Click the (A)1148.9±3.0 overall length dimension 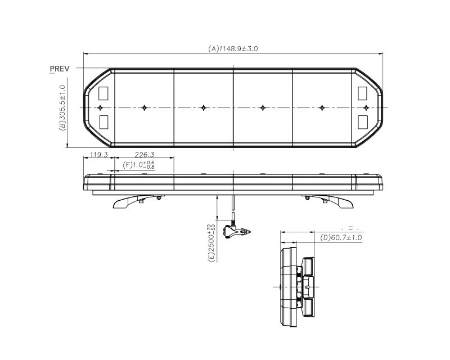233,49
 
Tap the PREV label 59,68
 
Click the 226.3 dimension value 145,154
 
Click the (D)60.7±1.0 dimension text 341,238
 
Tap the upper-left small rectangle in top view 103,92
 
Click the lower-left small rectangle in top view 103,121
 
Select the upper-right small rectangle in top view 363,92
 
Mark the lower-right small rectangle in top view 363,121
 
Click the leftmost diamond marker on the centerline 100,107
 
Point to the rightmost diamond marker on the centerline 366,107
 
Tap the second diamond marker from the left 145,107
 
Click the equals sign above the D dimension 349,228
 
